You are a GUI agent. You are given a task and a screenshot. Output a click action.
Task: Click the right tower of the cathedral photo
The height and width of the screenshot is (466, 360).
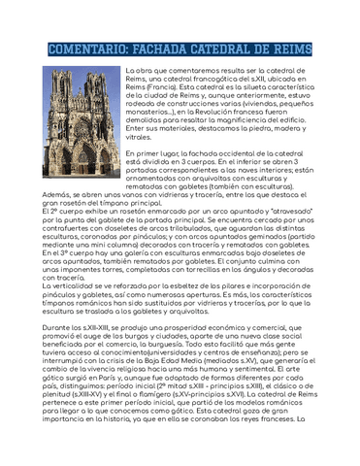[104, 97]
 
